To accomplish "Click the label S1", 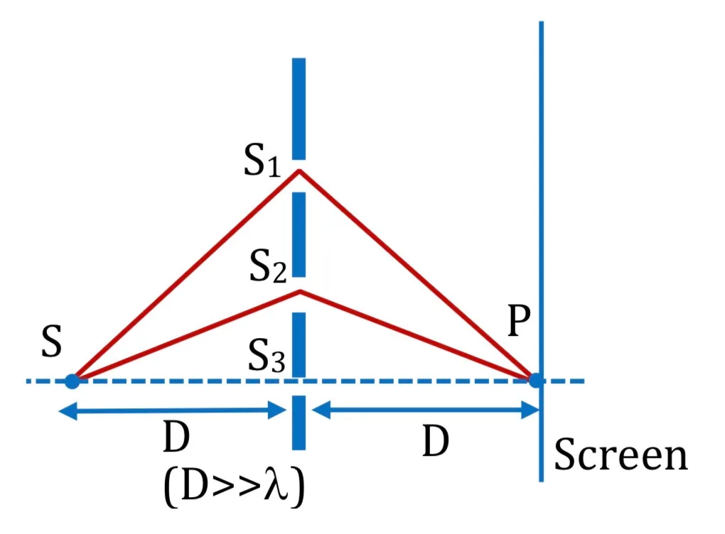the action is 262,160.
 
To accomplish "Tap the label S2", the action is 268,266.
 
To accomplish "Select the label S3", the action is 267,355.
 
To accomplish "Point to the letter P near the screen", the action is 519,320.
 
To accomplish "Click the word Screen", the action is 621,454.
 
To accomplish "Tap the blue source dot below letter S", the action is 72,381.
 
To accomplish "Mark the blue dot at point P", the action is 537,381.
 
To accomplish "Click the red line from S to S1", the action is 187,275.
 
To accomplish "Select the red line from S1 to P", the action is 417,275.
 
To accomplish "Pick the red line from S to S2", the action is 187,335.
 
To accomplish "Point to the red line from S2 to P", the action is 418,335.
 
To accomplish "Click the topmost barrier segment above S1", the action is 299,109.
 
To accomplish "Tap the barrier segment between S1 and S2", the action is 299,234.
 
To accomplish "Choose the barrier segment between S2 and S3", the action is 299,344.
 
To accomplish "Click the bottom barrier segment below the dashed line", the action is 299,423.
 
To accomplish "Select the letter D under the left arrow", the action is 176,437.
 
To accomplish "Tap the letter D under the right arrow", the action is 436,441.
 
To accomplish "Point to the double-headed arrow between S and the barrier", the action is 173,410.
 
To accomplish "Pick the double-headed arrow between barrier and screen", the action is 426,410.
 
